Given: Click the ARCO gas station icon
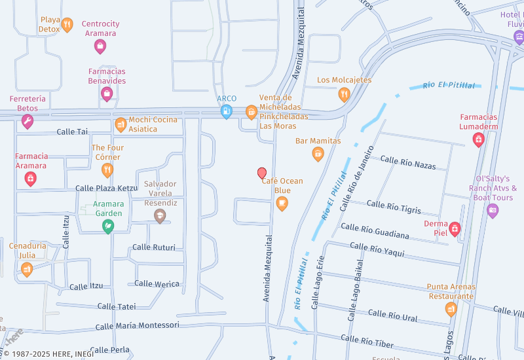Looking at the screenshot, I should pos(227,112).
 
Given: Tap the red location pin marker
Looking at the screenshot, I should pos(262,173).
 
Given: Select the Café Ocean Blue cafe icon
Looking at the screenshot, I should pos(282,204).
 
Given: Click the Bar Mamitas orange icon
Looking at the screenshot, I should pos(318,154).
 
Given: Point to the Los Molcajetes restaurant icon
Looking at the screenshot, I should pos(344,94).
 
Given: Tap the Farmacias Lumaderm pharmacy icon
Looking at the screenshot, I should pos(479,139).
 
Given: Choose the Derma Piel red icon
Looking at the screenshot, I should pos(455,228).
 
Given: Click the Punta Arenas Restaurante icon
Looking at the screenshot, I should pos(451,309).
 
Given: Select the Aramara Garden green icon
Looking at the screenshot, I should pos(107,226).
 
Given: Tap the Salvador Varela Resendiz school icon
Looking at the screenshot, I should pos(160,216).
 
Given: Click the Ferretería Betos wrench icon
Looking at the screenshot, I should pos(27,121).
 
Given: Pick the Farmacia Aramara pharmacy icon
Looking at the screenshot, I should pos(30,178).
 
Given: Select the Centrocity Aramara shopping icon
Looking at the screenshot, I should pos(100,46).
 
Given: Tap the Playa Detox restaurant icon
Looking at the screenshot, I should pos(67,26).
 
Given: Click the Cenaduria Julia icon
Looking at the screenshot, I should pos(27,268).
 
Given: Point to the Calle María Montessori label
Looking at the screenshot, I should pos(137,325).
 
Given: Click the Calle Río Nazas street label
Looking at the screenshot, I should pos(408,162).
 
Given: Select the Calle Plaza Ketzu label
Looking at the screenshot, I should pos(106,188).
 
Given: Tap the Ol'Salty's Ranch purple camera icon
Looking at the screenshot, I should pos(493,211).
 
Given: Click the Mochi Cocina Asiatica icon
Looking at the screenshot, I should pos(121,124).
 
